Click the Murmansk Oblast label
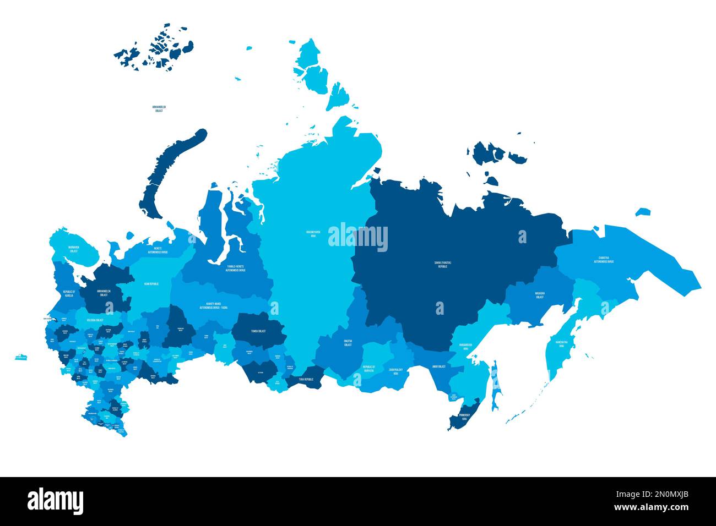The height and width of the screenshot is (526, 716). point(74,249)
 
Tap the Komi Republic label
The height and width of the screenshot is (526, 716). point(151,284)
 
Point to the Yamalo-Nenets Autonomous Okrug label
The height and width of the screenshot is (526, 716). point(235,268)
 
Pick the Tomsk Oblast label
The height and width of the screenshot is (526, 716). point(257,331)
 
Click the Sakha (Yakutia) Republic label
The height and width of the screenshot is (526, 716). point(442,264)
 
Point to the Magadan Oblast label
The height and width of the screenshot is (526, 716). point(540,295)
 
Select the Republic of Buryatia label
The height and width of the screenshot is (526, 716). point(368,368)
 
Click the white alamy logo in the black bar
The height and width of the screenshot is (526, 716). point(55,501)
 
